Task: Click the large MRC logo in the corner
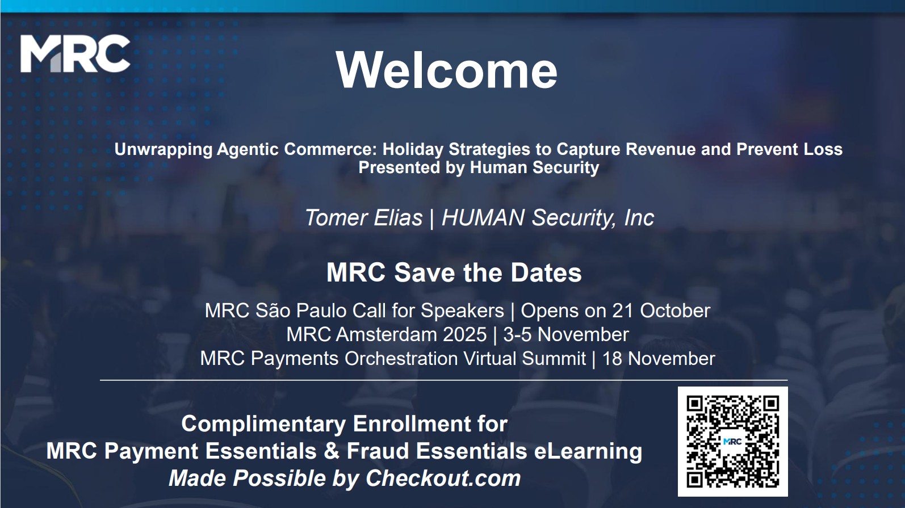[75, 53]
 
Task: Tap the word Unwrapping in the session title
[163, 150]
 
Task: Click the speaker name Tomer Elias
[363, 217]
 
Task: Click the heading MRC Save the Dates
[454, 272]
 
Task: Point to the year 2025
[464, 334]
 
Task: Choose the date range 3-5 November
[566, 334]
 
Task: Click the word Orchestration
[401, 359]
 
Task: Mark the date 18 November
[659, 359]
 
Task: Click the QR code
[732, 442]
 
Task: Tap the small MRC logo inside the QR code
[732, 442]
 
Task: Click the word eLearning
[588, 451]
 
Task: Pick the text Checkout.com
[443, 478]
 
